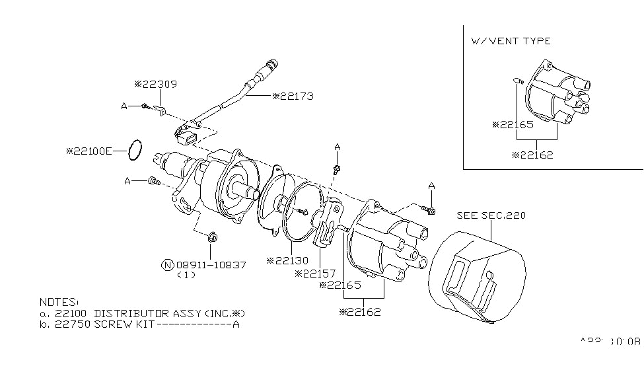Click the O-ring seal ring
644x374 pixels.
[x=135, y=150]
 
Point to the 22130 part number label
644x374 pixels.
[x=288, y=260]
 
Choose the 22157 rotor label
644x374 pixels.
[x=316, y=273]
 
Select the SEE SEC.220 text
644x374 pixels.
[x=491, y=215]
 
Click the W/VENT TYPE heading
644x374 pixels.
[x=511, y=41]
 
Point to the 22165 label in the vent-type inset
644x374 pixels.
[x=513, y=124]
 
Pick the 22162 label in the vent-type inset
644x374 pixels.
[x=533, y=155]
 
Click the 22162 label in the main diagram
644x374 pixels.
[x=361, y=311]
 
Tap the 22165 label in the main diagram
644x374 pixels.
[x=341, y=285]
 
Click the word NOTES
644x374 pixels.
[x=58, y=301]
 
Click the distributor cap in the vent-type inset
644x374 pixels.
[x=555, y=96]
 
